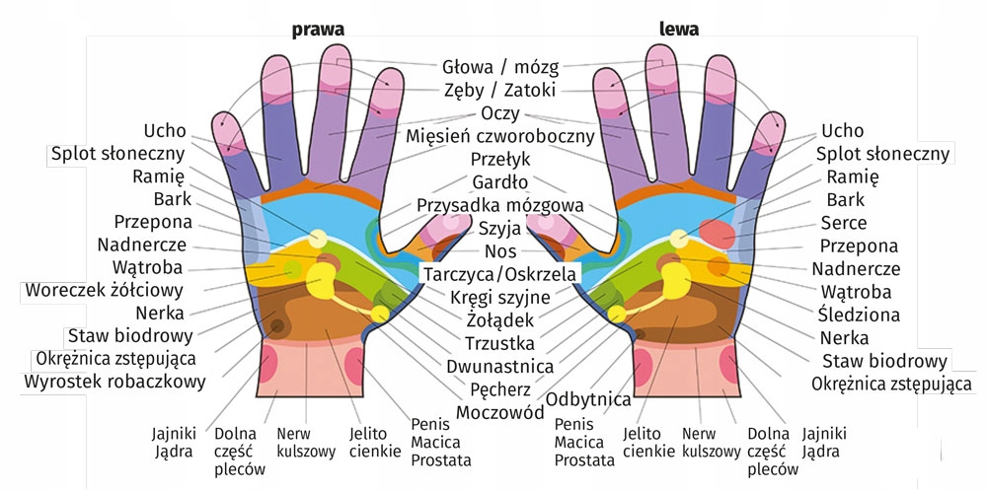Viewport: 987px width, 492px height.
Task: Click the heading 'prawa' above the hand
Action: tap(318, 29)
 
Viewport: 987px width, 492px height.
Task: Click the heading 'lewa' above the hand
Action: tap(679, 29)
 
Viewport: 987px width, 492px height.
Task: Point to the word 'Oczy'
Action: tap(499, 113)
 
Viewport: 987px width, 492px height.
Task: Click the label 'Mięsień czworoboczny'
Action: tap(499, 136)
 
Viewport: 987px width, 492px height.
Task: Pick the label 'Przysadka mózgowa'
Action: tap(499, 205)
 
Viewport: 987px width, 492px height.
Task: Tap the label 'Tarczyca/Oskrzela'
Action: tap(499, 273)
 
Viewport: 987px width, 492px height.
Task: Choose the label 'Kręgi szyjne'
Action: tap(499, 296)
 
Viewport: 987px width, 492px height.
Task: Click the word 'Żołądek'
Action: tap(499, 319)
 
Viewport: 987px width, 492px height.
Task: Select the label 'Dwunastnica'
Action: tap(499, 366)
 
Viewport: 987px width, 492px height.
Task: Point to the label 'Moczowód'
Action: tap(499, 410)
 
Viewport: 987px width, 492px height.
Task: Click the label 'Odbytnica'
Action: tap(588, 399)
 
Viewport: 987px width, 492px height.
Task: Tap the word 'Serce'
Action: tap(844, 223)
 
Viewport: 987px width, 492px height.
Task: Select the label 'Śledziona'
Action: tap(858, 316)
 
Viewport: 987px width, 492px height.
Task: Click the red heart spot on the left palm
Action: tap(717, 234)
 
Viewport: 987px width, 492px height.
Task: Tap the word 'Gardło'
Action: tap(499, 182)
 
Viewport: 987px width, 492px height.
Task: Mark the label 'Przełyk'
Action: tap(499, 159)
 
